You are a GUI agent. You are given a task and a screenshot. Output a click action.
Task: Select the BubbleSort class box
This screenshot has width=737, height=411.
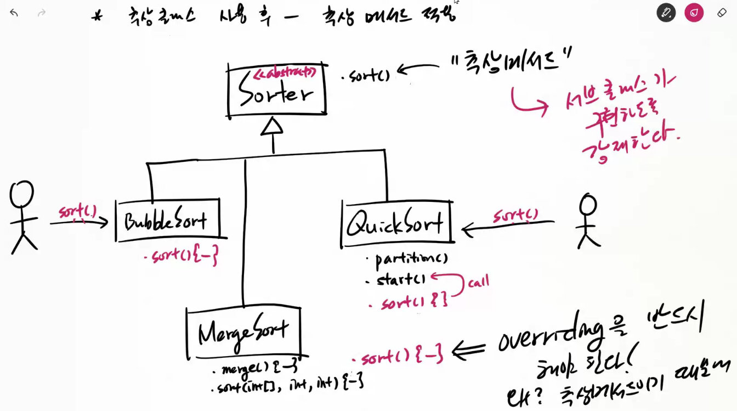167,221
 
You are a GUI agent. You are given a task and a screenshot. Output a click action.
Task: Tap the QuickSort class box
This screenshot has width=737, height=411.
396,224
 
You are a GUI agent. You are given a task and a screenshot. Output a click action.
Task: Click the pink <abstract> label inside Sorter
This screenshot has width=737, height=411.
284,72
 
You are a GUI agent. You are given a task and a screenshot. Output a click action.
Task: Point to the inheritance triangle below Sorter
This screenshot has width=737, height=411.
273,127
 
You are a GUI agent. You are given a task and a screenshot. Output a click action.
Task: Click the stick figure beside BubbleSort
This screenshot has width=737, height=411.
22,217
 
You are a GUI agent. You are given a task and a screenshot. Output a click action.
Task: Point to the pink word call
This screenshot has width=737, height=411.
478,283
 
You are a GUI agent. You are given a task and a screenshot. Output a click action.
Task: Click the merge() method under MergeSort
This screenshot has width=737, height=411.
258,368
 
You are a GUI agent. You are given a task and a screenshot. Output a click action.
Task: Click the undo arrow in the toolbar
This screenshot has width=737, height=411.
14,13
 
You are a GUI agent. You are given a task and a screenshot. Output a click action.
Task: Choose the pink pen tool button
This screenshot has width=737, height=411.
694,12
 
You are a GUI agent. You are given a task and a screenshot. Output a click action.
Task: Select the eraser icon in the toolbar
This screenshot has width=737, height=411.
722,12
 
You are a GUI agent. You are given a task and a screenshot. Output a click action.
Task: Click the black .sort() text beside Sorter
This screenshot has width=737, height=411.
366,76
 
